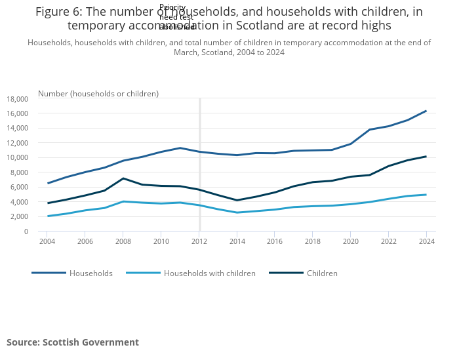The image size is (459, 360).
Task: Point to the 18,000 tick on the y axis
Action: (17, 99)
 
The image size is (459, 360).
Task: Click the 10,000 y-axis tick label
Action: (17, 158)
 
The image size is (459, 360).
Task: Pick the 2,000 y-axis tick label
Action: (19, 217)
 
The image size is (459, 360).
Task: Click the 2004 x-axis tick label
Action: (47, 241)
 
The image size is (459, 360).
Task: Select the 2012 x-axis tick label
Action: (199, 241)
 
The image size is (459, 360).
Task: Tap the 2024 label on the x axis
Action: (426, 241)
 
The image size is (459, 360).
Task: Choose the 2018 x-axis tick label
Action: (313, 241)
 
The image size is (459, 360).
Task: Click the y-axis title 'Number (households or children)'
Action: (98, 94)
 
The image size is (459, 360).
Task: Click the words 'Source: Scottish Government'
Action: (73, 342)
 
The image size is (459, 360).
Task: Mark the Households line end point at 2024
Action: (426, 111)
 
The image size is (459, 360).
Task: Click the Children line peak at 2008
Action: (123, 178)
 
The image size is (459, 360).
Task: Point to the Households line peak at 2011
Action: (180, 148)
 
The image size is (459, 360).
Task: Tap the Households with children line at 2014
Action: (237, 212)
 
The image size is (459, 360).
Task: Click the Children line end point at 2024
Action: (426, 157)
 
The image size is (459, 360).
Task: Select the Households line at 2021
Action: (370, 130)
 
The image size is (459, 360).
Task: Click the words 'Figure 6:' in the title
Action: (61, 12)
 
